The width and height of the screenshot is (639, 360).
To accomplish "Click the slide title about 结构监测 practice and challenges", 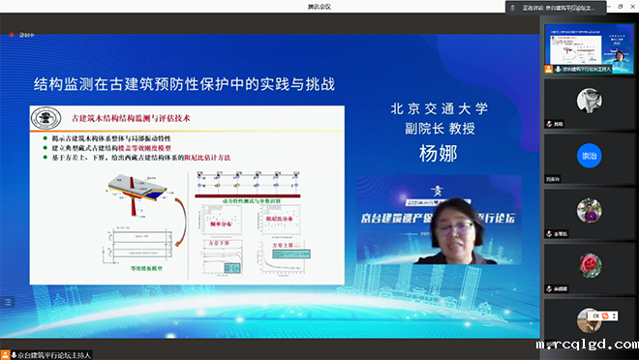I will point(184,84).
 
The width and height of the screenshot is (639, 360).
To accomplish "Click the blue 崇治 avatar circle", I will point(589,155).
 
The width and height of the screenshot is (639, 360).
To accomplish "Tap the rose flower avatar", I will point(589,263).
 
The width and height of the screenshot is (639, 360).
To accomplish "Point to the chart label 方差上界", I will point(280,247).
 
